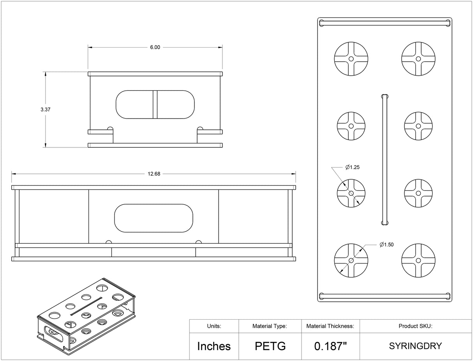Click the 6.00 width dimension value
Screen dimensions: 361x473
coord(155,47)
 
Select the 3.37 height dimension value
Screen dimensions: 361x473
coord(46,110)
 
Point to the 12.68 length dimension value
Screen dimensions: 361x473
coord(154,174)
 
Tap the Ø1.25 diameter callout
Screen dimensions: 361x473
coord(352,167)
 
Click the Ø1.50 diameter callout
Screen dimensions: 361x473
coord(387,244)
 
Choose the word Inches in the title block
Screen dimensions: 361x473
coord(214,346)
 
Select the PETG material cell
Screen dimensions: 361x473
coord(270,346)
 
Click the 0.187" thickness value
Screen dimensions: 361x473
coord(330,346)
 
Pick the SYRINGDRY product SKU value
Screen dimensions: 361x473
coord(415,346)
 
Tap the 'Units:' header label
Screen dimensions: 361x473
coord(214,326)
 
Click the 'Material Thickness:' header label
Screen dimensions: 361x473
coord(330,326)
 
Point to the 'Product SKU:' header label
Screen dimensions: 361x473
coord(415,326)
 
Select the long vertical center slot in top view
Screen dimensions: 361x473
coord(385,159)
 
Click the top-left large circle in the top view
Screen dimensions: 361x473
coord(351,59)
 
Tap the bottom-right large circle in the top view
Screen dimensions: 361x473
coord(418,260)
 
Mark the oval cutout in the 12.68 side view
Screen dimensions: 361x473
coord(154,218)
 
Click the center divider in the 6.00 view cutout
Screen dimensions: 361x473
coord(155,104)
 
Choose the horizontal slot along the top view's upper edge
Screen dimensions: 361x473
coord(385,23)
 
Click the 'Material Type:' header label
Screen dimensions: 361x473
coord(270,326)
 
